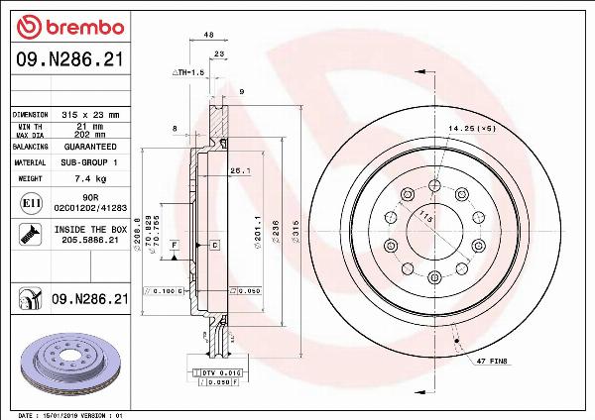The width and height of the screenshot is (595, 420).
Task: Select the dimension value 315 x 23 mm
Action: point(90,115)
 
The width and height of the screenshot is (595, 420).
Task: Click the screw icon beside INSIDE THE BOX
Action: point(29,235)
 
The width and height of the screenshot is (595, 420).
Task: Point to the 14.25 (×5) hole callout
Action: point(472,129)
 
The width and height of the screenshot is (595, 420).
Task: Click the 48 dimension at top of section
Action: point(208,35)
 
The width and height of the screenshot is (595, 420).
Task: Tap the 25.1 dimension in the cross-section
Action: point(239,170)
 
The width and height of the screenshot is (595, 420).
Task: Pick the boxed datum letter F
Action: point(174,244)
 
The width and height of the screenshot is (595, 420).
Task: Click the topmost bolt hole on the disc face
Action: point(433,185)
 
